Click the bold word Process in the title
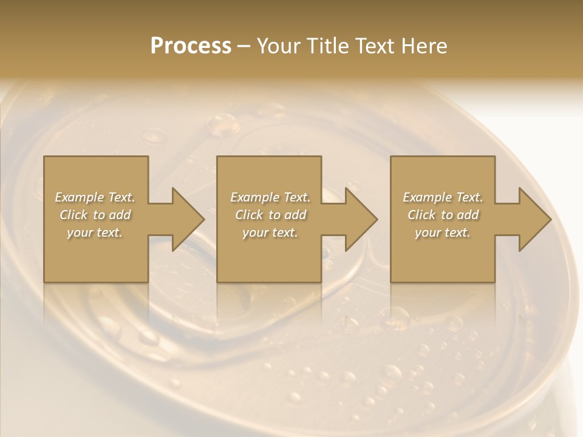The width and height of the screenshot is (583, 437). point(191,46)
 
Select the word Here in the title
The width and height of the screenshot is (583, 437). point(424,46)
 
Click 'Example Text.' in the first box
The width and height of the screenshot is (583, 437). point(95,197)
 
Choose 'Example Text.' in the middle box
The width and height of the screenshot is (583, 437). point(270,197)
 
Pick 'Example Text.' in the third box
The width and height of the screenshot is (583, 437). point(443,197)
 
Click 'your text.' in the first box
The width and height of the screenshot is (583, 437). point(95,232)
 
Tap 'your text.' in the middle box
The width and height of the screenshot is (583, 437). point(270,232)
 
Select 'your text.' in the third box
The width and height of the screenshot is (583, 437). point(443,232)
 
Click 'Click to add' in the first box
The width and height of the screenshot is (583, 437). point(95,215)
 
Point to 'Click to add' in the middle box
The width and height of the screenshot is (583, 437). point(270,215)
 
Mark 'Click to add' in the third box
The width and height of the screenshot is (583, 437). point(443,215)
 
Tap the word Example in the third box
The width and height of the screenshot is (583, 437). point(427,197)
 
